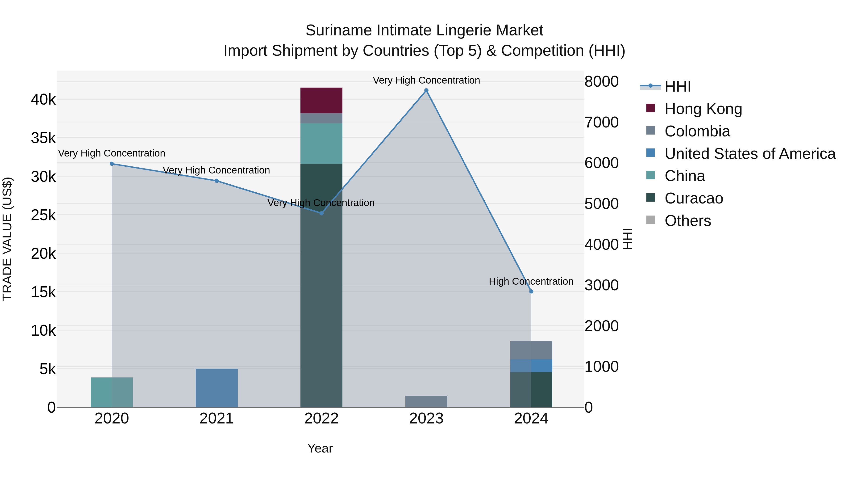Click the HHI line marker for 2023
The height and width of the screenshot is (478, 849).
426,90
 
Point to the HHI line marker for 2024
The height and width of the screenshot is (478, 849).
531,291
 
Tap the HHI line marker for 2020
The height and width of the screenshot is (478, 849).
112,164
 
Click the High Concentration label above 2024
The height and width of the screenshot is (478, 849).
531,281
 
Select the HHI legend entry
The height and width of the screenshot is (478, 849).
677,86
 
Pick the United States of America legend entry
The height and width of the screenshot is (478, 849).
750,154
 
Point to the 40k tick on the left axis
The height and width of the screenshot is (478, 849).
43,99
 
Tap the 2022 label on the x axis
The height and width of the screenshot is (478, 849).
321,419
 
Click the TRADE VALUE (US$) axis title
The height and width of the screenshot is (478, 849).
8,239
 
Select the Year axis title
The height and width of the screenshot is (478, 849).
320,448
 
